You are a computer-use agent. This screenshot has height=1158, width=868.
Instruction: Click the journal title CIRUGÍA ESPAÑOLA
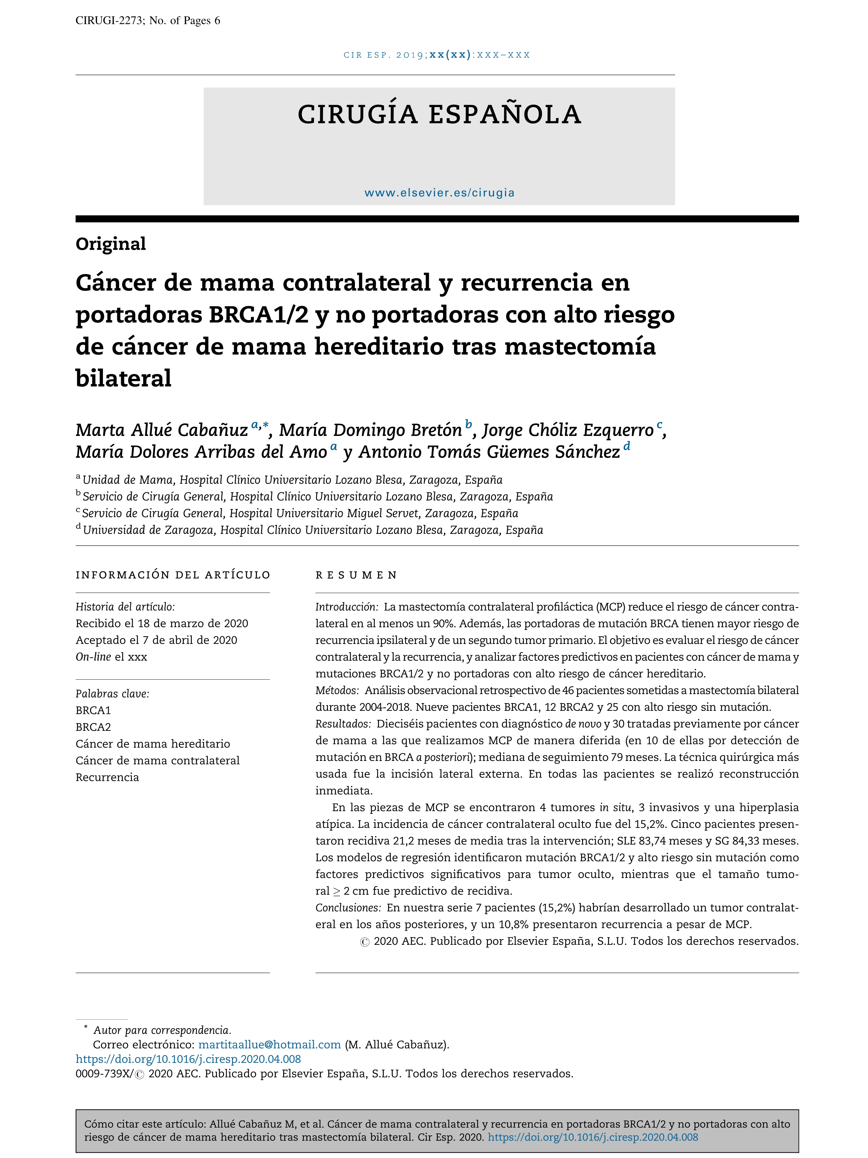point(439,115)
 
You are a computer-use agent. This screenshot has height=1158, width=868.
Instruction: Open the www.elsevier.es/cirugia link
point(439,193)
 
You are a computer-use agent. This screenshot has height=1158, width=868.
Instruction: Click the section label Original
point(110,244)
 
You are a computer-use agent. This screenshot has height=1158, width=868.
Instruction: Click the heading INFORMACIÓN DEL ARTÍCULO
point(173,575)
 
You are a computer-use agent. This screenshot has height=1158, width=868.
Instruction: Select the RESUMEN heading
point(356,575)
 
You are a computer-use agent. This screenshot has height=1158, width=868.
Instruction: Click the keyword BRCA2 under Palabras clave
point(93,727)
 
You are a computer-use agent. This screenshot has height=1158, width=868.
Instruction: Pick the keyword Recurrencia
point(107,777)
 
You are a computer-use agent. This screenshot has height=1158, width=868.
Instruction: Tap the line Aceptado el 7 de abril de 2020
point(156,640)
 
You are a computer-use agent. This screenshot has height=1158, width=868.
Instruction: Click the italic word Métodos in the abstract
point(336,691)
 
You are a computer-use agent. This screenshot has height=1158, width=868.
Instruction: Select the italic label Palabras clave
point(112,694)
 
